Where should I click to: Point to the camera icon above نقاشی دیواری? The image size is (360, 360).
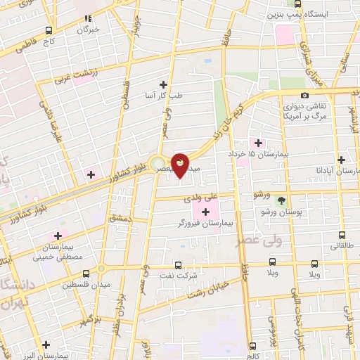point(304,95)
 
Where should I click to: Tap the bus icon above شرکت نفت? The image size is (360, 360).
point(177,265)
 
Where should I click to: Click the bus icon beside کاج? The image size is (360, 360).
point(48,30)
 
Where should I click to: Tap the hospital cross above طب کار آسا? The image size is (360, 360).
point(164,84)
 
